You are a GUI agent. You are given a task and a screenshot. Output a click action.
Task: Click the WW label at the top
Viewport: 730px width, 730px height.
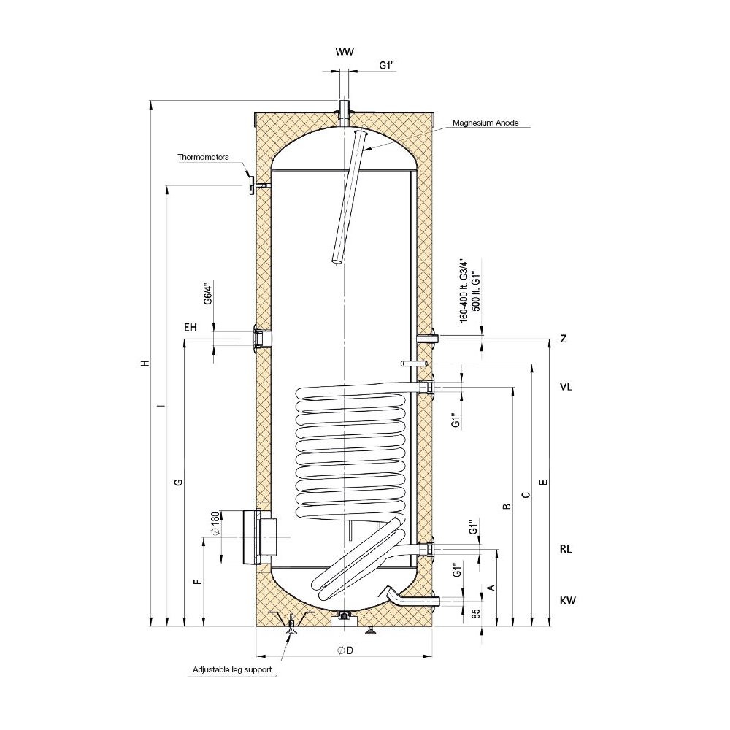click(345, 52)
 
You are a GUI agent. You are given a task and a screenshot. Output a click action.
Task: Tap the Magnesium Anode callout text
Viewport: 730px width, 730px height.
click(485, 123)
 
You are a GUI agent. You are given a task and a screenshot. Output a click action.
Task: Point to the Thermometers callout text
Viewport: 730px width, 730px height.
click(203, 157)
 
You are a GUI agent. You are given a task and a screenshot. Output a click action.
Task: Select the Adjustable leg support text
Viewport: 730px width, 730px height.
click(232, 669)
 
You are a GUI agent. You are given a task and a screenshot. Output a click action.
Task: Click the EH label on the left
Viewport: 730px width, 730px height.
click(191, 328)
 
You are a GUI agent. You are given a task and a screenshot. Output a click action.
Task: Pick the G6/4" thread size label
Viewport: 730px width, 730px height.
click(208, 293)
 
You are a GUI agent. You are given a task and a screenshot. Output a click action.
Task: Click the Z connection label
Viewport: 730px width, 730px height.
click(564, 339)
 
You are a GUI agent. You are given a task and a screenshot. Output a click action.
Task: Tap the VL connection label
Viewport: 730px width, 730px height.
click(566, 386)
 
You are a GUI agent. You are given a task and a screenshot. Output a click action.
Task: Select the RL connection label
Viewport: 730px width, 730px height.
click(566, 549)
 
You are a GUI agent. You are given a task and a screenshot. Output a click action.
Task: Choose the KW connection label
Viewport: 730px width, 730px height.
click(568, 601)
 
